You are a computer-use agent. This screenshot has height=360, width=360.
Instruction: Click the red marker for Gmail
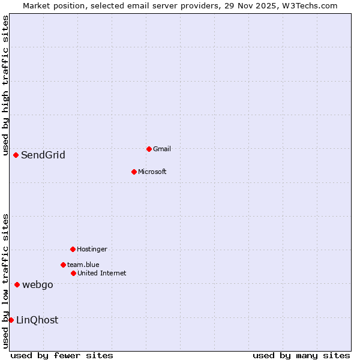149,149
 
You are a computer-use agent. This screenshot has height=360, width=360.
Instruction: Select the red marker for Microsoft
134,172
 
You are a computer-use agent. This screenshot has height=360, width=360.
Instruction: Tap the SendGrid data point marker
16,155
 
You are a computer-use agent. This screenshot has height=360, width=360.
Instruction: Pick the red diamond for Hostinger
73,249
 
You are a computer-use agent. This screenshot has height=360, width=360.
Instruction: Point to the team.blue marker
63,265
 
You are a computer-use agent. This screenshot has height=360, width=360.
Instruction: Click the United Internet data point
73,273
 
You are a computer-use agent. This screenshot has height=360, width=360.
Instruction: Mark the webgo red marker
17,284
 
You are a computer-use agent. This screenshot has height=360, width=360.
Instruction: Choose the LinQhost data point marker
11,320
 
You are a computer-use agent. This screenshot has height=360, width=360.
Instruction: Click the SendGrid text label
43,155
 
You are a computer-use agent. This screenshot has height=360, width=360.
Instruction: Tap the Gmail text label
162,149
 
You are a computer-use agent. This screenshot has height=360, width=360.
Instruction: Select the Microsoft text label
152,172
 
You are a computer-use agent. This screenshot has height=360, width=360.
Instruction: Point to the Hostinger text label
92,250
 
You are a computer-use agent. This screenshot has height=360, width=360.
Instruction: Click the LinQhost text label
37,320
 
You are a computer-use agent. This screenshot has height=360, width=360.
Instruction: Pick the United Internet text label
102,274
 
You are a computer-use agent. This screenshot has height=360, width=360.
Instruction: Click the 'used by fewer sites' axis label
62,355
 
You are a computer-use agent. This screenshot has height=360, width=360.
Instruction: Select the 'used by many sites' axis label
301,355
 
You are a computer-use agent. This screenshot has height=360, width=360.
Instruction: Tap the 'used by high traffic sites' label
5,84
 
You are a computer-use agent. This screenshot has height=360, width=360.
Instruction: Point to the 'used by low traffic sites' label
5,281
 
